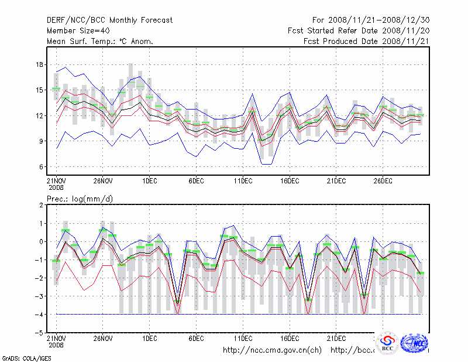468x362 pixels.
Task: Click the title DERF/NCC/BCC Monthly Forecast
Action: (x=109, y=20)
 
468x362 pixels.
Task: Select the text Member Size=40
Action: (x=78, y=30)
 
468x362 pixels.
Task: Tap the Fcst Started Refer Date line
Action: (x=359, y=30)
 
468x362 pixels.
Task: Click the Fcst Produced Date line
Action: (x=366, y=41)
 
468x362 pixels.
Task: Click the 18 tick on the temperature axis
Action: (x=40, y=64)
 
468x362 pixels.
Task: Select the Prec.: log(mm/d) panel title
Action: (x=80, y=199)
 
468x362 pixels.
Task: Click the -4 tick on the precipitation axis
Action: (x=40, y=315)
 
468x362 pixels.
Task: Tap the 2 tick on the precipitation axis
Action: (x=42, y=205)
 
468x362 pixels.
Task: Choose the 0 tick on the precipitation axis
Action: (x=42, y=241)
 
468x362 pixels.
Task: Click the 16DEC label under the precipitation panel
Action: (x=290, y=339)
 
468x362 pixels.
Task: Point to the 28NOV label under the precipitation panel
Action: (x=103, y=339)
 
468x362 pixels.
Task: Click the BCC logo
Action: (x=387, y=344)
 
